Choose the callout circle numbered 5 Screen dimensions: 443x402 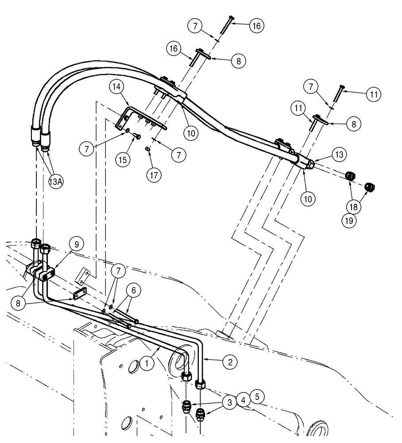click(257, 394)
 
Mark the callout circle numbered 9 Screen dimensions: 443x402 click(76, 244)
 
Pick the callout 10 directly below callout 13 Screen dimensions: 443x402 click(309, 198)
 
